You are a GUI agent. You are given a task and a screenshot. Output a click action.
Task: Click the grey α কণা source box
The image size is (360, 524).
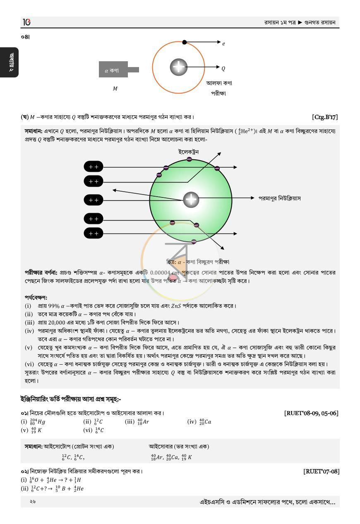point(113,70)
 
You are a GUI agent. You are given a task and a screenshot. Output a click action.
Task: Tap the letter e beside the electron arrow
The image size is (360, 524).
point(223,44)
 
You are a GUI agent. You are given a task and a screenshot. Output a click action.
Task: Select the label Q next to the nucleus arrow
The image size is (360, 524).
point(223,69)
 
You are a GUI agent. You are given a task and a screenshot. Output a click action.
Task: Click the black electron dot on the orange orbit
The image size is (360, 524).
point(185,42)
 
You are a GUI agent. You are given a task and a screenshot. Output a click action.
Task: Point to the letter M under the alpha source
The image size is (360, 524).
point(115,89)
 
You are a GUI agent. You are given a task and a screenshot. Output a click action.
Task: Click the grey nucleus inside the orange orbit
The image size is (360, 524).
point(178,67)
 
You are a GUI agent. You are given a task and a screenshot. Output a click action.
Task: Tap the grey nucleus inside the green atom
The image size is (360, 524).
point(191,200)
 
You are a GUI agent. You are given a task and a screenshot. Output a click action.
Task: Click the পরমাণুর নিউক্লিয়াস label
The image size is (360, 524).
point(280,198)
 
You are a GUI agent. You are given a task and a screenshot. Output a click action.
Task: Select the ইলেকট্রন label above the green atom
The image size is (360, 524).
point(188,152)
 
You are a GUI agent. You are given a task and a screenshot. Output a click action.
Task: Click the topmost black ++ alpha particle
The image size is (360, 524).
point(94,167)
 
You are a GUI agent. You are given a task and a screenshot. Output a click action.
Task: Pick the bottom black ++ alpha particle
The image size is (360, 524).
point(94,233)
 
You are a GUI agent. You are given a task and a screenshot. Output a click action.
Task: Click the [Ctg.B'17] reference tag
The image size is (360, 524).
point(325,117)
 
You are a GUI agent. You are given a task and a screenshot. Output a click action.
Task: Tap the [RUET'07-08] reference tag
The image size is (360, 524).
point(321,471)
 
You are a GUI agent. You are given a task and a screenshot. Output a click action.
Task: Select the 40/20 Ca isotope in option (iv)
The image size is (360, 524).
point(205,422)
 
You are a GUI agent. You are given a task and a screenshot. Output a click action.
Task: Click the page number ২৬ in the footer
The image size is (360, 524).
point(33,502)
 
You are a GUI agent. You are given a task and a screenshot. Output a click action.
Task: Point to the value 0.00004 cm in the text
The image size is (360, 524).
point(164,273)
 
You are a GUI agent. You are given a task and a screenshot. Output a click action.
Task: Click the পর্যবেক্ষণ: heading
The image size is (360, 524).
point(36,297)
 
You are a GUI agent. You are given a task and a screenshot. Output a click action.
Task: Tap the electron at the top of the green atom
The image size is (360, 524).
point(190,159)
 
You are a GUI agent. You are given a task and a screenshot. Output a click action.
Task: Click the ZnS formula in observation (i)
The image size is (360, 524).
point(176,306)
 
